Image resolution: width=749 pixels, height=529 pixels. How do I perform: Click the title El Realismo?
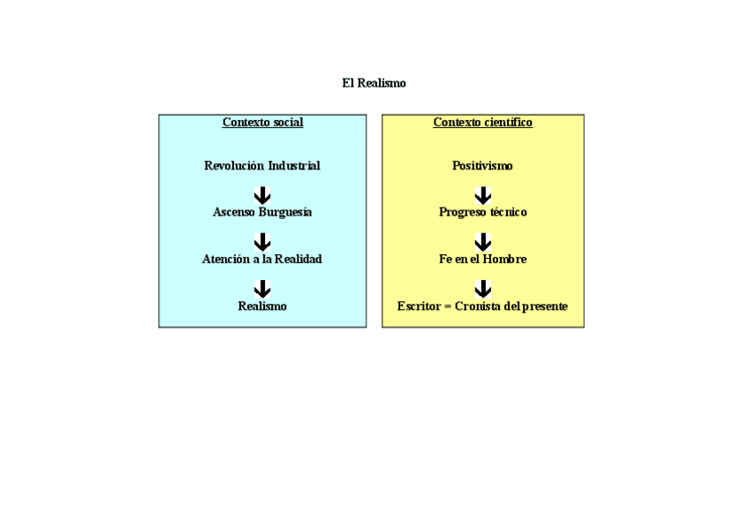[374, 83]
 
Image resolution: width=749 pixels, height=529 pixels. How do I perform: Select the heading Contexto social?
[262, 123]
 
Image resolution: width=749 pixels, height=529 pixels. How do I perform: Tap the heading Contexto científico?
[482, 123]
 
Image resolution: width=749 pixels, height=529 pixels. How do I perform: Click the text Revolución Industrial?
[262, 166]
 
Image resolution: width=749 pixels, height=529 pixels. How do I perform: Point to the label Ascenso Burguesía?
[262, 213]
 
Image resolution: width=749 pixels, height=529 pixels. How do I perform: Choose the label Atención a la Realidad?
[262, 260]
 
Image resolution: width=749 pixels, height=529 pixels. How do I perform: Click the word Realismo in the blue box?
[262, 306]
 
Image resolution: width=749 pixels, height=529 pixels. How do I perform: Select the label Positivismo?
[482, 166]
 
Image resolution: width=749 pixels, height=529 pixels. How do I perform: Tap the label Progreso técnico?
[482, 213]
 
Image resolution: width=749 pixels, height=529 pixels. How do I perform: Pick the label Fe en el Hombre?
[482, 260]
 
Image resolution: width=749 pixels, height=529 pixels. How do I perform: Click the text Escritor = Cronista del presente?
[482, 306]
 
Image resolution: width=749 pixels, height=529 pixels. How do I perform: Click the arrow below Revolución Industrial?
[262, 195]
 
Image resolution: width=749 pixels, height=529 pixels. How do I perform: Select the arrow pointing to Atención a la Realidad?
[262, 242]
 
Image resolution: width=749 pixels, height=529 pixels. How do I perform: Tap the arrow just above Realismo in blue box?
[262, 289]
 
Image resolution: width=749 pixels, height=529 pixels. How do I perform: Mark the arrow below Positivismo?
[482, 195]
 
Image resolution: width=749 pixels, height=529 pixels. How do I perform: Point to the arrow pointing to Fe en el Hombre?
[482, 242]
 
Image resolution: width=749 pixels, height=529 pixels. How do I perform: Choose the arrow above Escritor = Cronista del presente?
[482, 289]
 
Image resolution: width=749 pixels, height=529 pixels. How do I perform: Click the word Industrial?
[294, 166]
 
